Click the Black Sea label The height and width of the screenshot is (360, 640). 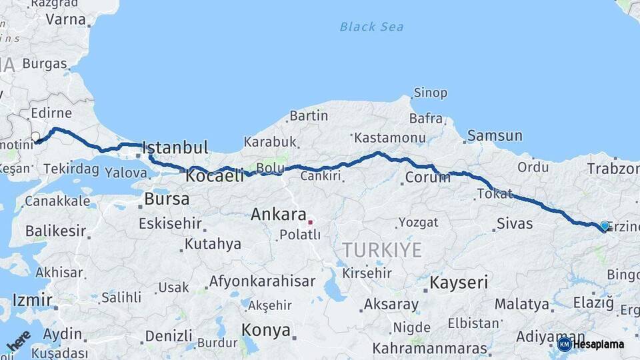pyautogui.click(x=371, y=27)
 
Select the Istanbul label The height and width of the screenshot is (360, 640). pyautogui.click(x=175, y=147)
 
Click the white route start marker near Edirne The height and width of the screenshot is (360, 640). pyautogui.click(x=35, y=137)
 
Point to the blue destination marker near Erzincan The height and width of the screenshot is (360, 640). pyautogui.click(x=605, y=226)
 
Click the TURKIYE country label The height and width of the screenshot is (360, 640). pyautogui.click(x=382, y=250)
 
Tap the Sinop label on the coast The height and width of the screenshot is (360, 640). pyautogui.click(x=430, y=93)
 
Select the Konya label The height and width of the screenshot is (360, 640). pyautogui.click(x=266, y=330)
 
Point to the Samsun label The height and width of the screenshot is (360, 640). pyautogui.click(x=495, y=136)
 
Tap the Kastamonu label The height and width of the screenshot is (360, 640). pyautogui.click(x=389, y=138)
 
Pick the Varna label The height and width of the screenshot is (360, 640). pyautogui.click(x=65, y=20)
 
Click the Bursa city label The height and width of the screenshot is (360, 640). pyautogui.click(x=167, y=199)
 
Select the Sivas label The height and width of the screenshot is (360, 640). pyautogui.click(x=515, y=223)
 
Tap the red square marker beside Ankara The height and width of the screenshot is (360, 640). pyautogui.click(x=310, y=221)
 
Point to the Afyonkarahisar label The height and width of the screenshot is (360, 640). pyautogui.click(x=262, y=281)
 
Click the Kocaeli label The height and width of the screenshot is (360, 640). pyautogui.click(x=215, y=177)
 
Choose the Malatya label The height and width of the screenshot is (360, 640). pyautogui.click(x=521, y=305)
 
